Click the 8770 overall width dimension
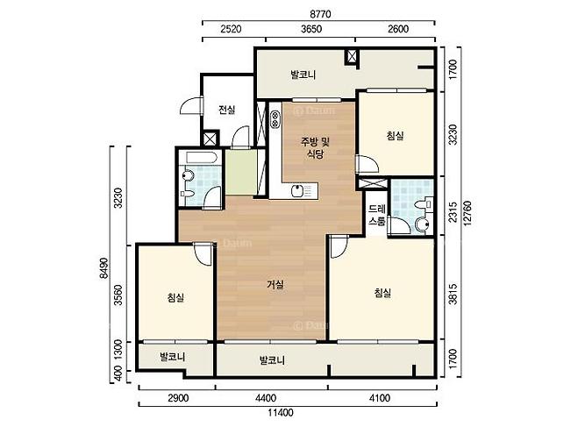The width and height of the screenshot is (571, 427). [x=320, y=14]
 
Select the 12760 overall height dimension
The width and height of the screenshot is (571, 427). [x=468, y=213]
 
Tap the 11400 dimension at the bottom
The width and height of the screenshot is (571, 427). [x=281, y=413]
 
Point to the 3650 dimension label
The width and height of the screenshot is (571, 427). [x=311, y=29]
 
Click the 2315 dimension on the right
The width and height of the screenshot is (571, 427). [x=453, y=212]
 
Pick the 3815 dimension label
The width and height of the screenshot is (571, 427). [x=453, y=294]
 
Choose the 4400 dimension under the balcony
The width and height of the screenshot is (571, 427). [x=266, y=398]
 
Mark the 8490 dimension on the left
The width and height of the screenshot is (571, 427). [x=103, y=268]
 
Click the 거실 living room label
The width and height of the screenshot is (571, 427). [x=275, y=284]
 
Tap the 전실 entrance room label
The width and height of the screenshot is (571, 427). [x=226, y=110]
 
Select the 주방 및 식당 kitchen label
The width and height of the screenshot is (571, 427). [x=315, y=147]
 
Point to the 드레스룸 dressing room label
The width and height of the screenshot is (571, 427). [x=376, y=215]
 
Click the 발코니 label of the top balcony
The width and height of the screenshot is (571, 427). [x=303, y=75]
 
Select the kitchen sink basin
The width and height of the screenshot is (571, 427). [x=298, y=191]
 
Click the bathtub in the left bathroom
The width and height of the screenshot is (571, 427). [x=202, y=158]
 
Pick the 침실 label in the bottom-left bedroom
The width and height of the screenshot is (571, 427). [x=175, y=297]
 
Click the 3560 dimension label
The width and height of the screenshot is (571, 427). [x=118, y=295]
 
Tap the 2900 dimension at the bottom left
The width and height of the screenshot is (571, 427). [x=178, y=398]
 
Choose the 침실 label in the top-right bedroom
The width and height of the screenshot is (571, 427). [x=395, y=136]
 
